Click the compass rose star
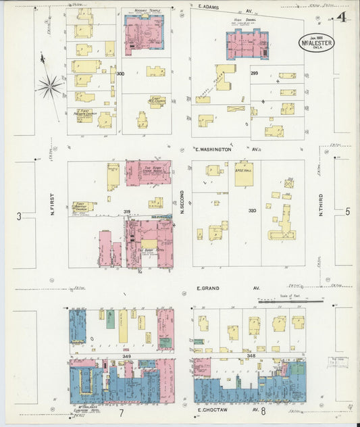pyautogui.click(x=49, y=85)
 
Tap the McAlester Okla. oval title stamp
pyautogui.click(x=316, y=43)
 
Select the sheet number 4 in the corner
pyautogui.click(x=343, y=18)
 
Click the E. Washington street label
pyautogui.click(x=214, y=149)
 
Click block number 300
pyautogui.click(x=120, y=73)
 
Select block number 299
pyautogui.click(x=254, y=72)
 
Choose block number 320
pyautogui.click(x=252, y=211)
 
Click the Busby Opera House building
pyautogui.click(x=148, y=173)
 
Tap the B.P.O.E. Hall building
pyautogui.click(x=244, y=174)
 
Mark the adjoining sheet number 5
pyautogui.click(x=348, y=212)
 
